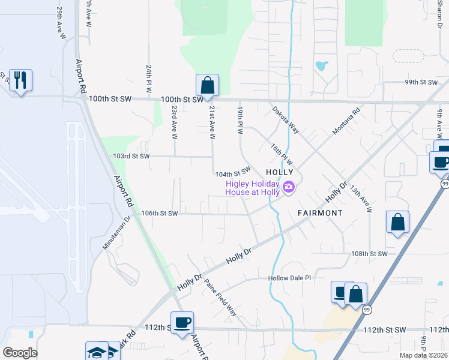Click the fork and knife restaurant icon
pyautogui.click(x=20, y=80)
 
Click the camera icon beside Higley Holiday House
pyautogui.click(x=289, y=188)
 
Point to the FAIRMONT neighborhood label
pyautogui.click(x=320, y=213)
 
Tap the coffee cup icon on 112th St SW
pyautogui.click(x=182, y=323)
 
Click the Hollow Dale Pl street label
pyautogui.click(x=291, y=278)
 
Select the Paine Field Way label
pyautogui.click(x=220, y=298)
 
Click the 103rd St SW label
pyautogui.click(x=130, y=156)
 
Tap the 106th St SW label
pyautogui.click(x=160, y=213)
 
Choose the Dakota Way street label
pyautogui.click(x=285, y=119)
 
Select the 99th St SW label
pyautogui.click(x=420, y=82)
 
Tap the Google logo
pyautogui.click(x=20, y=353)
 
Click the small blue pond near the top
pyautogui.click(x=321, y=64)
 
